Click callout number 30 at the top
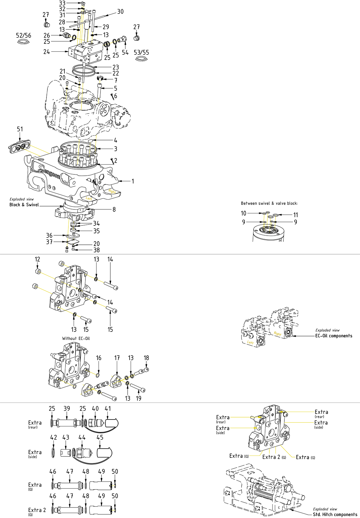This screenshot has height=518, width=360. point(120,11)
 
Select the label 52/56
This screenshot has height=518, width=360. point(24,35)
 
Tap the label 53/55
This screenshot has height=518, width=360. point(141,52)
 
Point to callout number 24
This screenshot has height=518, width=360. point(46,52)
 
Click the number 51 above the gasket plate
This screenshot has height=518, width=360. point(20,129)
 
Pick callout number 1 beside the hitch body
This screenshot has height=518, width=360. point(133,181)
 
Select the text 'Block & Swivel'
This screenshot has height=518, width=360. point(24,205)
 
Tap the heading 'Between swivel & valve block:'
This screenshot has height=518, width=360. point(269,203)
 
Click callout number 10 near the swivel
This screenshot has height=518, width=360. point(243,213)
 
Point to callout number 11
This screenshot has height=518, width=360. point(296,215)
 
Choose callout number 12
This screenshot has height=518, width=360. point(37,259)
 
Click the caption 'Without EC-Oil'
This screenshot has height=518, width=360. point(76,338)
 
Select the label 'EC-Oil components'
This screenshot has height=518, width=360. point(333,336)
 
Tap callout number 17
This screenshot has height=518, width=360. point(117,358)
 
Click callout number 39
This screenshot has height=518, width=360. point(67,408)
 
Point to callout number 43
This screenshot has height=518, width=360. point(66,438)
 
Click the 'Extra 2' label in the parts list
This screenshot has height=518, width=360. point(37,510)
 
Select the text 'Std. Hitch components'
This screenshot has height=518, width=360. point(335,514)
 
